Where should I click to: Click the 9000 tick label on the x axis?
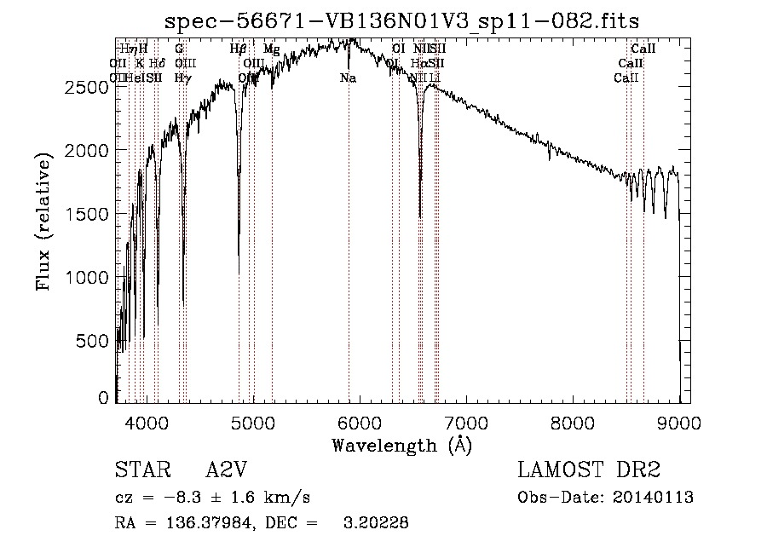[x=679, y=420]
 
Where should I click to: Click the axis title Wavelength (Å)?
[x=401, y=445]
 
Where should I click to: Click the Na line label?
[x=348, y=78]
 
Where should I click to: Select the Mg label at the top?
[x=271, y=49]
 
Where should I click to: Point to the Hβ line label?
[x=239, y=49]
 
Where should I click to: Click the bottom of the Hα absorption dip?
[x=419, y=217]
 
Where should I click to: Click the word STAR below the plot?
[x=138, y=470]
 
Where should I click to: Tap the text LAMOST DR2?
[x=589, y=470]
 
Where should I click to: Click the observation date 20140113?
[x=656, y=498]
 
